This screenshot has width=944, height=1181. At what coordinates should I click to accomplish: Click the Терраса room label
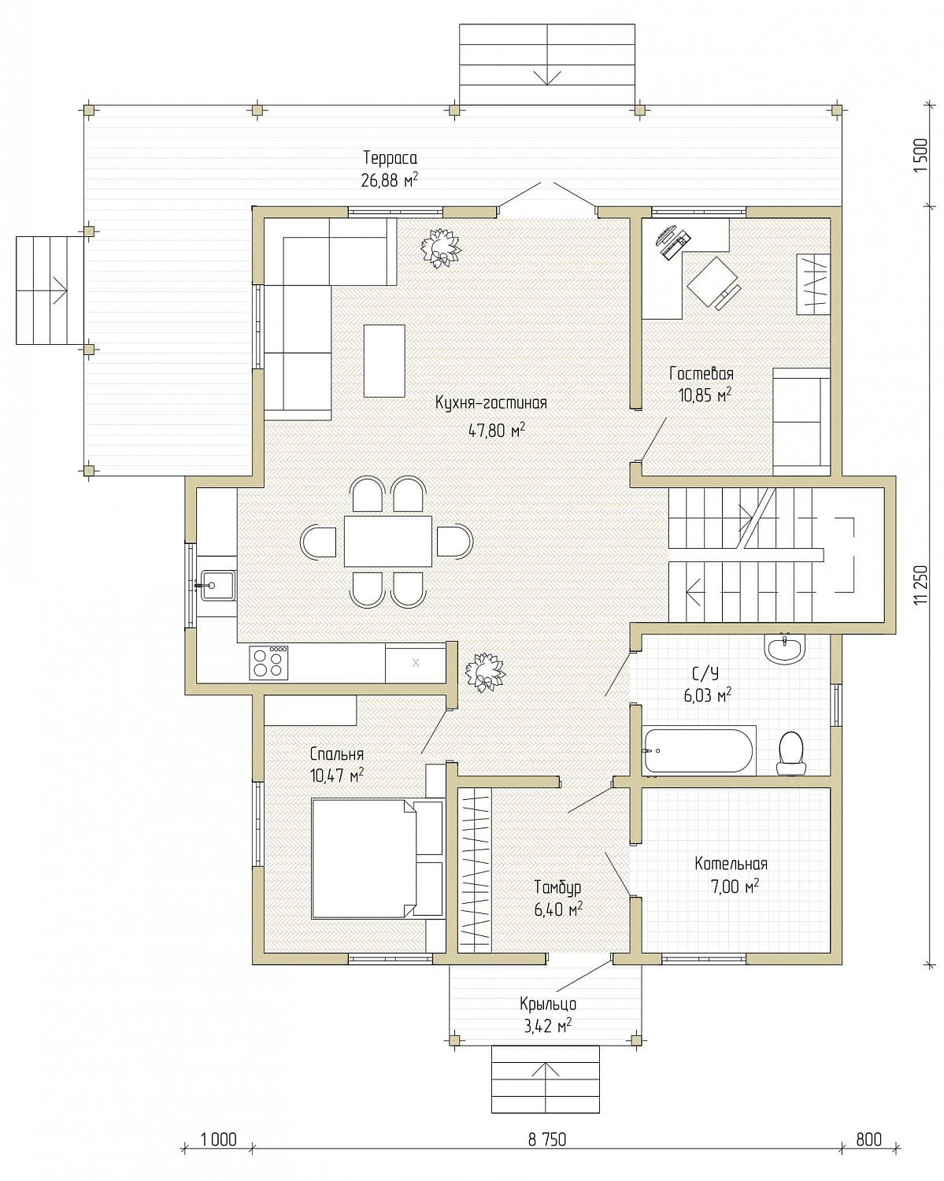click(390, 158)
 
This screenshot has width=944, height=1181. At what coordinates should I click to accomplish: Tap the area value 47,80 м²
click(496, 430)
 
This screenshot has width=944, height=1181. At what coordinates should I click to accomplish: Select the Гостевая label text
click(701, 374)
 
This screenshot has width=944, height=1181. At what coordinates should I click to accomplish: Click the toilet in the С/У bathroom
click(791, 753)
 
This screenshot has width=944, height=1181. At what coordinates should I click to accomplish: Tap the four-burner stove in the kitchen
click(268, 662)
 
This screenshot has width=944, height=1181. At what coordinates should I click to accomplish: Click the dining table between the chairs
click(387, 541)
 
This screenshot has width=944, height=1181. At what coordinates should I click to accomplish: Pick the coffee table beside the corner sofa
click(384, 361)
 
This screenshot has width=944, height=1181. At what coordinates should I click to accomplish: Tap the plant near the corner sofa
click(440, 248)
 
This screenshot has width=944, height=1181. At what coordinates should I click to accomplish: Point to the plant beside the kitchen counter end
click(485, 672)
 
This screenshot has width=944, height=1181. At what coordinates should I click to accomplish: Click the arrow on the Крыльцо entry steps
click(546, 1076)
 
